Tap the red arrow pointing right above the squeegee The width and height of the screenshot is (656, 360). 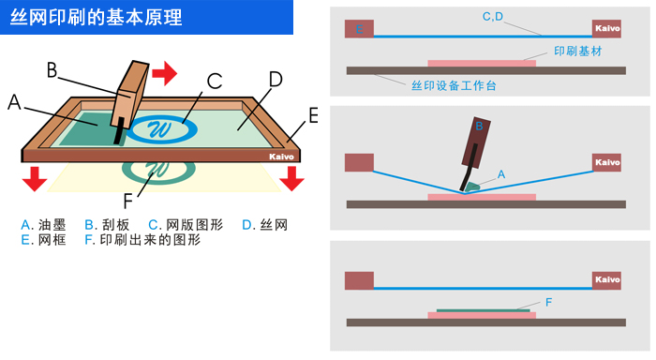(x=164, y=71)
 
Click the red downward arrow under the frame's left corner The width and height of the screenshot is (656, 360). (x=36, y=176)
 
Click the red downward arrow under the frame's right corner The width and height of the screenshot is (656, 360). (x=292, y=176)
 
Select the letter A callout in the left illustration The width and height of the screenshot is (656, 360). (x=14, y=103)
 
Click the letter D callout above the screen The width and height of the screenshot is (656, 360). (x=275, y=80)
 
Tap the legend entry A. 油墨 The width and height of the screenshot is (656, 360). (x=42, y=225)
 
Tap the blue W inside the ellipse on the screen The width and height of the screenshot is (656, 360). (x=159, y=128)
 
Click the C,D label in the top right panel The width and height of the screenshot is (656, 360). (x=493, y=16)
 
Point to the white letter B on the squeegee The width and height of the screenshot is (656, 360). (x=479, y=125)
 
